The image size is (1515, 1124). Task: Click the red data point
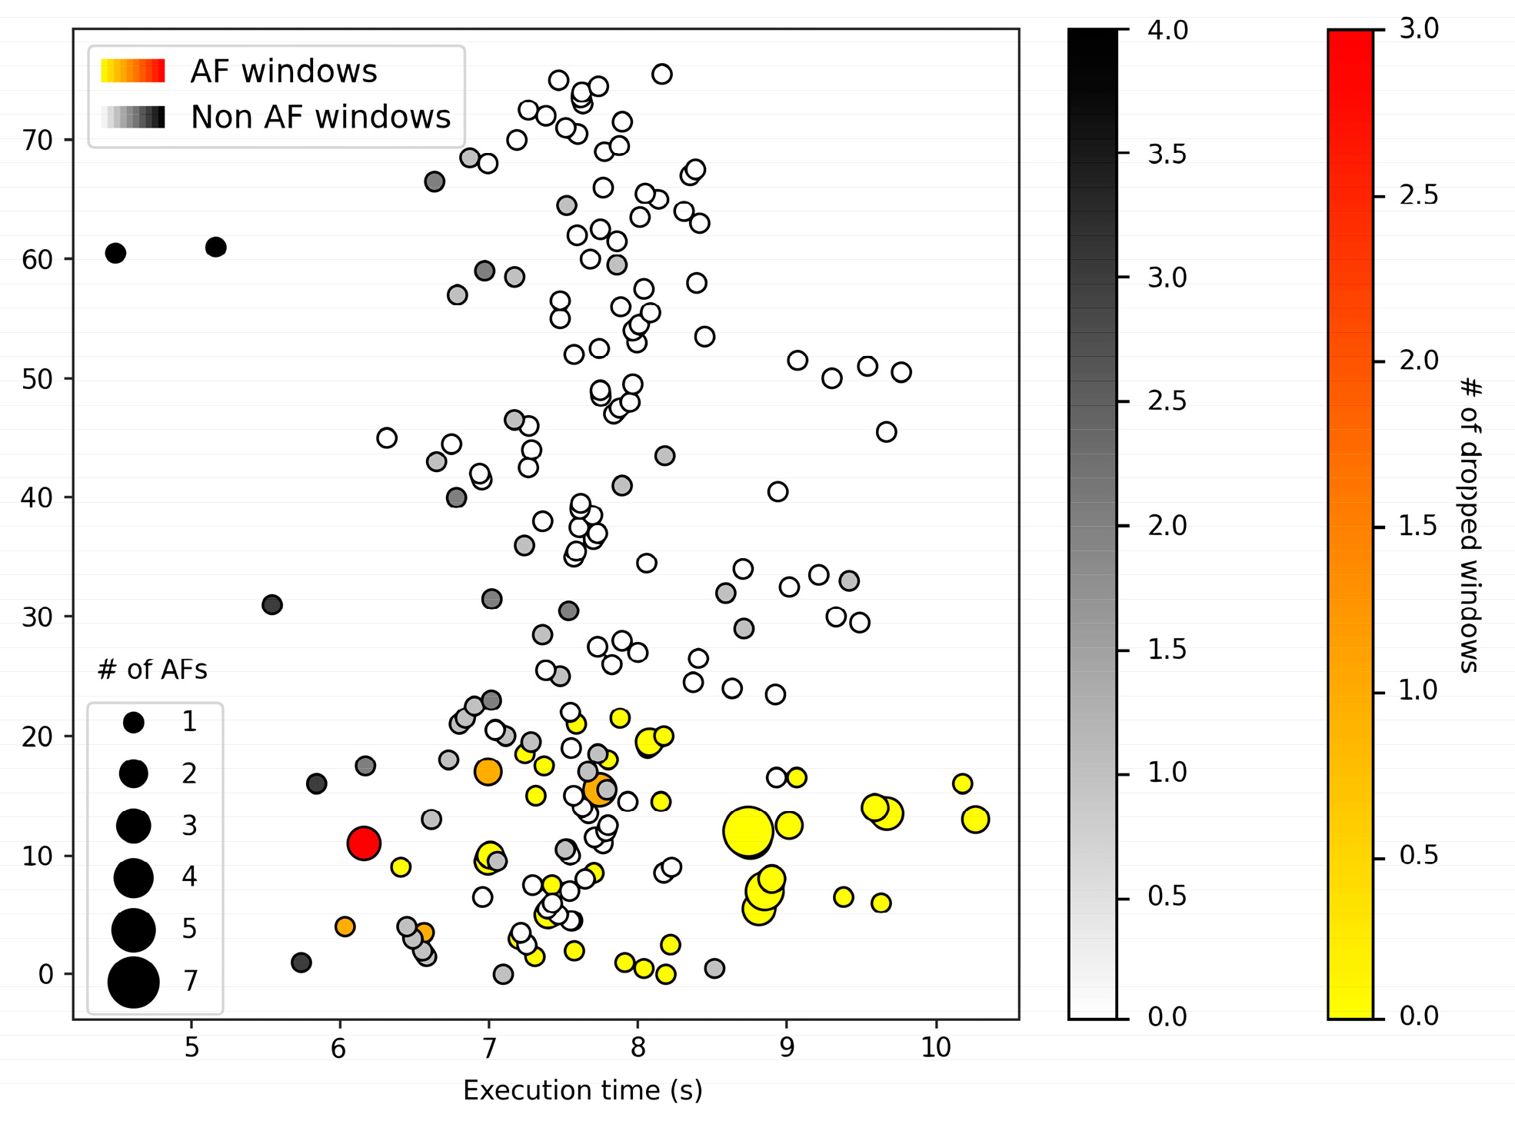[364, 843]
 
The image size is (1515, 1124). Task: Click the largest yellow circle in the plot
[748, 831]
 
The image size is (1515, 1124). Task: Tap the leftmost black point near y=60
[115, 253]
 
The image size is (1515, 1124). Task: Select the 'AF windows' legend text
[284, 71]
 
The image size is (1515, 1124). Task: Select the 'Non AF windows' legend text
[320, 118]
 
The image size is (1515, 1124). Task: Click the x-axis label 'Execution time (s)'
[582, 1090]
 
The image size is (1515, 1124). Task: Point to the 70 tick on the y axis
[37, 141]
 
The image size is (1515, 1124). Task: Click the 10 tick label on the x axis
[936, 1048]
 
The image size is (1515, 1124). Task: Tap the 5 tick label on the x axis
[191, 1048]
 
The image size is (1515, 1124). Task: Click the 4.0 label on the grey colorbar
[1167, 31]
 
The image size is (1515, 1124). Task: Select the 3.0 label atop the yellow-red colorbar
[1419, 29]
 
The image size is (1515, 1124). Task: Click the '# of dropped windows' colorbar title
[1470, 525]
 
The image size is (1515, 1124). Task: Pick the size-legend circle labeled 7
[134, 982]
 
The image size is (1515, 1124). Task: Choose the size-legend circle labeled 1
[134, 722]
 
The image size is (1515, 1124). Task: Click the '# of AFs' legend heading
[152, 670]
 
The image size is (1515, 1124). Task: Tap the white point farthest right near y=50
[901, 372]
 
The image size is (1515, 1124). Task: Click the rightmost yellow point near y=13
[975, 820]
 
